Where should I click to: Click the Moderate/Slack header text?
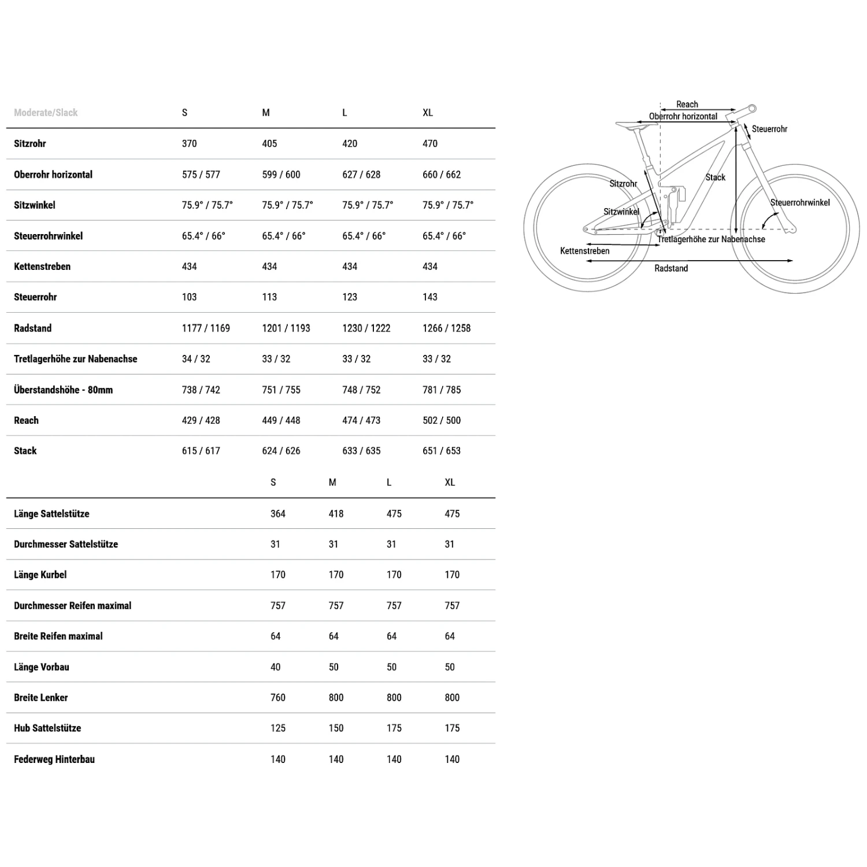(46, 113)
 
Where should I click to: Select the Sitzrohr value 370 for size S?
(189, 143)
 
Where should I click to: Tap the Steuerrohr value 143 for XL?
(430, 297)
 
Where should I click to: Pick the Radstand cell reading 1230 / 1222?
(366, 328)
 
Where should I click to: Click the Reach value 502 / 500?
(442, 420)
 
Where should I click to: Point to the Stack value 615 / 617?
(201, 451)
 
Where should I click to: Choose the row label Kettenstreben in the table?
(42, 266)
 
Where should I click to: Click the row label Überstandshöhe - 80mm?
(63, 390)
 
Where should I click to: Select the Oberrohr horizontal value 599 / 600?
(281, 175)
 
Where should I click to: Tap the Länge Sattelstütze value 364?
(277, 514)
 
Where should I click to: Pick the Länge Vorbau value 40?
(275, 667)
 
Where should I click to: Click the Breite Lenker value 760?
(277, 698)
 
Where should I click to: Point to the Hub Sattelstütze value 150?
(336, 728)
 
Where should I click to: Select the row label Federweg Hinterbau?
(54, 759)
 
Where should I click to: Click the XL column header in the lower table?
(450, 483)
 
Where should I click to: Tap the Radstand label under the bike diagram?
(671, 268)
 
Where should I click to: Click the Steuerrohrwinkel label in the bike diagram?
(799, 202)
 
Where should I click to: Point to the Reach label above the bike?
(687, 105)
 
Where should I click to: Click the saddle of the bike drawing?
(630, 124)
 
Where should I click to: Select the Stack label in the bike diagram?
(715, 177)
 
